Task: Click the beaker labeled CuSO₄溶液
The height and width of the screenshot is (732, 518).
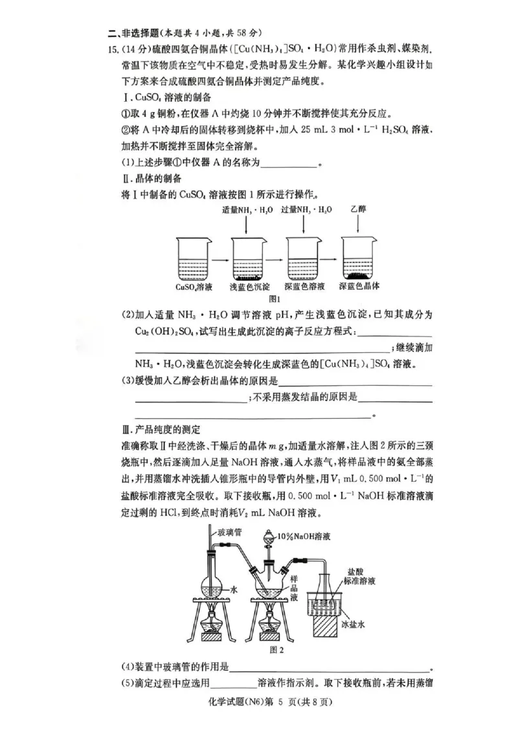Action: (x=194, y=259)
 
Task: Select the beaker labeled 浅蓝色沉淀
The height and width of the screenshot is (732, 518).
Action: (x=250, y=259)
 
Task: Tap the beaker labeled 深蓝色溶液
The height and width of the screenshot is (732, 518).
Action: (x=304, y=259)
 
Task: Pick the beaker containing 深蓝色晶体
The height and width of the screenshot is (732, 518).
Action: (x=360, y=259)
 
